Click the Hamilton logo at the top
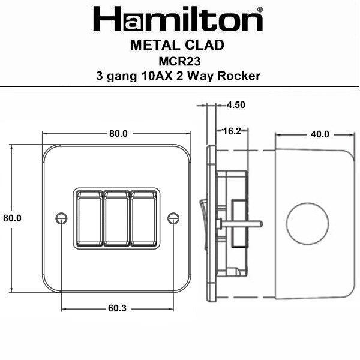click(x=178, y=20)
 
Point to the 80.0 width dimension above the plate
click(x=118, y=134)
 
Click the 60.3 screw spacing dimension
click(x=118, y=309)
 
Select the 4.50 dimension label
click(x=236, y=104)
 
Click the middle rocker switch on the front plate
click(x=117, y=218)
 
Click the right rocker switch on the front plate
click(x=145, y=218)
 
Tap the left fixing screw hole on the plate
click(x=61, y=218)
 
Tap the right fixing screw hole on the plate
click(x=173, y=218)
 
